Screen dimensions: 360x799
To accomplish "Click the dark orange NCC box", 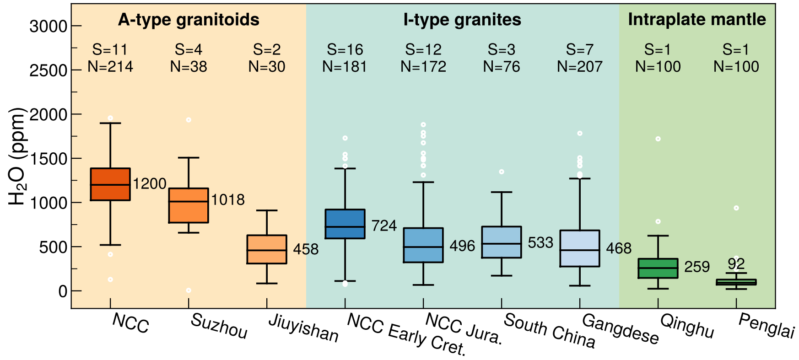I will [x=110, y=184].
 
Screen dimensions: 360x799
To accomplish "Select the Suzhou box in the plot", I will [x=189, y=205].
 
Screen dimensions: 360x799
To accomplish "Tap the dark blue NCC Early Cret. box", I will [x=345, y=224].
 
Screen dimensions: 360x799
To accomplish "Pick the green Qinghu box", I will [x=658, y=268].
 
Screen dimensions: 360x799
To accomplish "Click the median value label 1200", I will [x=150, y=184].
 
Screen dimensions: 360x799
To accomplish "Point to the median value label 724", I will [x=384, y=226].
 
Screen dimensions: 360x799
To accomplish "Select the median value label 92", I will [x=736, y=264].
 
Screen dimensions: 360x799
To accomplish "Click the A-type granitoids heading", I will [x=189, y=20].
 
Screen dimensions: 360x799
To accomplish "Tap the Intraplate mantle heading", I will [x=697, y=19].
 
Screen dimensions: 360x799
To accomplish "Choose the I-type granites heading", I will [x=462, y=20].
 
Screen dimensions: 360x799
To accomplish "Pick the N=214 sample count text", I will [x=110, y=67].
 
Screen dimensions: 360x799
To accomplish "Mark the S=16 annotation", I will [x=345, y=49].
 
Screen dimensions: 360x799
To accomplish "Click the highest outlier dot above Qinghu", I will [x=658, y=139].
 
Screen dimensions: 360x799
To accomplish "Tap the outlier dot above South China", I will [x=502, y=172].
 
